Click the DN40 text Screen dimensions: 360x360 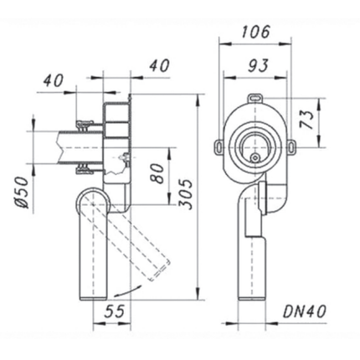pos(303,311)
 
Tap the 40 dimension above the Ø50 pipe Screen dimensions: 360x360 pos(54,80)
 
